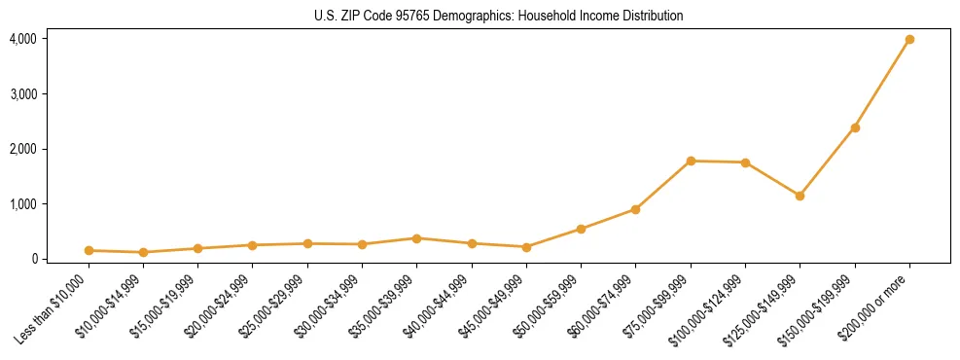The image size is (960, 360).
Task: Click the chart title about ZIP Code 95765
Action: (499, 16)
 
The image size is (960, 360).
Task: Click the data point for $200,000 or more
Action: (909, 40)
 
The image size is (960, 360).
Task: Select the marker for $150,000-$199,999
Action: (855, 127)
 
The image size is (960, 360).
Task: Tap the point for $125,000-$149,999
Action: (800, 196)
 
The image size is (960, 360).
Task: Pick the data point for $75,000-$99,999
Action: (691, 161)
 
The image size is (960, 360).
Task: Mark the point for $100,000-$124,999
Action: (745, 162)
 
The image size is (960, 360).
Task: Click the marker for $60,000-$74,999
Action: (635, 209)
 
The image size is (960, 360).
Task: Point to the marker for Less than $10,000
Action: (89, 250)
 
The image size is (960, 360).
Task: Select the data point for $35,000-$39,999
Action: (416, 238)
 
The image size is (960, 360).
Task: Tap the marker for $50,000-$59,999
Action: (581, 229)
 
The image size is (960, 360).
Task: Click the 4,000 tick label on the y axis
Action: (22, 39)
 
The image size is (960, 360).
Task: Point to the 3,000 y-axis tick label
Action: (22, 94)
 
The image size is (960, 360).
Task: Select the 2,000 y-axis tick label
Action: (22, 149)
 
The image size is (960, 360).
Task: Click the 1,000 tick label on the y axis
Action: (22, 204)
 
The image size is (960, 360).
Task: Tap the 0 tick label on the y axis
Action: (32, 259)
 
